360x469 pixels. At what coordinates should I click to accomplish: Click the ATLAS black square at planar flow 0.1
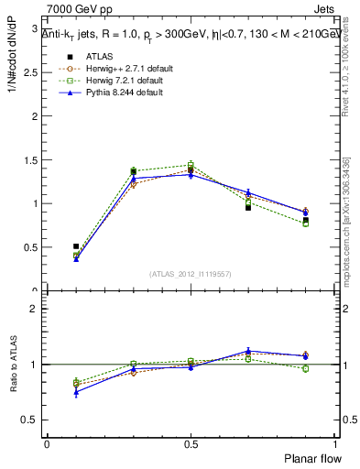[x=76, y=246]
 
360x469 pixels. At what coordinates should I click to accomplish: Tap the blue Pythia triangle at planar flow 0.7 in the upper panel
[x=248, y=192]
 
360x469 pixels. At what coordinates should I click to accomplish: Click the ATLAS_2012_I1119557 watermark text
[x=191, y=275]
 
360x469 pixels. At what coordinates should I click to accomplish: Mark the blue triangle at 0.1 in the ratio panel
[x=76, y=392]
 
